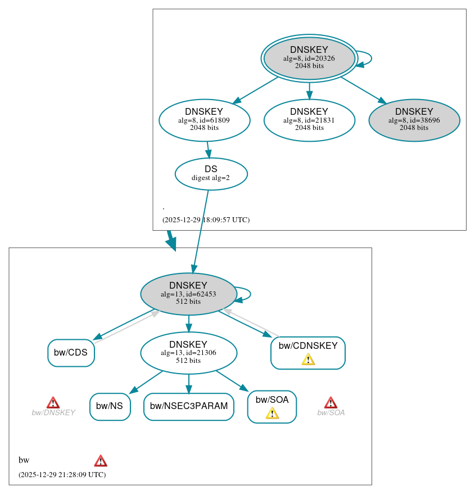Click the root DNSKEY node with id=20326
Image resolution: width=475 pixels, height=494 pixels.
pyautogui.click(x=309, y=58)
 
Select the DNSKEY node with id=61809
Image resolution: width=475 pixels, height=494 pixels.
pyautogui.click(x=204, y=120)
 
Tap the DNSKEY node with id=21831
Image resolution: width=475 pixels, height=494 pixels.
pyautogui.click(x=309, y=120)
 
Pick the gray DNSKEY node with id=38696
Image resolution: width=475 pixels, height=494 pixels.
pyautogui.click(x=414, y=120)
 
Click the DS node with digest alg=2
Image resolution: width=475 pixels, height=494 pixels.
pyautogui.click(x=211, y=174)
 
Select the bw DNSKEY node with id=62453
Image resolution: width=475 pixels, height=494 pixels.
pyautogui.click(x=188, y=294)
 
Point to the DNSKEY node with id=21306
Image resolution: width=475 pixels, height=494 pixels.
pyautogui.click(x=188, y=353)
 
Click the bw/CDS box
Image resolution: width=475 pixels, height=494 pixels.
pyautogui.click(x=71, y=353)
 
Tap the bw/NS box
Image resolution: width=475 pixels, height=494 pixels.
pyautogui.click(x=110, y=406)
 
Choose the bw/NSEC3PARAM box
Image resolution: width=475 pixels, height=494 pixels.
pyautogui.click(x=188, y=406)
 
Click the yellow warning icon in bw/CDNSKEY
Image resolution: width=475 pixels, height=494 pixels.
pyautogui.click(x=308, y=360)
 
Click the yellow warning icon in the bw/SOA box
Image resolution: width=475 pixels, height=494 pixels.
pyautogui.click(x=272, y=414)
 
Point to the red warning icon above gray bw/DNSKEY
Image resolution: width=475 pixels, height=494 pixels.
pyautogui.click(x=53, y=402)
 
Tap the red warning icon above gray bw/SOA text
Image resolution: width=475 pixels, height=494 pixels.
pyautogui.click(x=331, y=402)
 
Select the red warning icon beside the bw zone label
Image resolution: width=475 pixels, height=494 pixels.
pyautogui.click(x=101, y=461)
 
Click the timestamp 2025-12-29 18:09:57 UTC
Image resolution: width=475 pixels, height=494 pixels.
pyautogui.click(x=206, y=220)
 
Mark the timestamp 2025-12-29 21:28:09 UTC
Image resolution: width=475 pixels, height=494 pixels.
pyautogui.click(x=62, y=475)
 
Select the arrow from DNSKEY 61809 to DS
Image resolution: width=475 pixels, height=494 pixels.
pyautogui.click(x=208, y=150)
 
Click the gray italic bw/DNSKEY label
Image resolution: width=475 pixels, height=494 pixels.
pyautogui.click(x=53, y=413)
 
